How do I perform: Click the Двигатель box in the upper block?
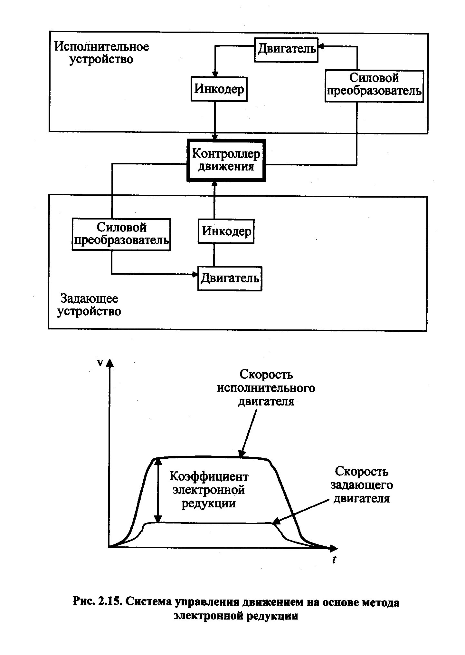coord(286,50)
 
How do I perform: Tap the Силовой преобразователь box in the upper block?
coord(374,86)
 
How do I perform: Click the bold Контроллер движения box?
coord(226,160)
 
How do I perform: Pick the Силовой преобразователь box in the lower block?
coord(121,234)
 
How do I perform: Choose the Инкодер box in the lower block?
coord(226,231)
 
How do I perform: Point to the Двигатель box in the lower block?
coord(230,278)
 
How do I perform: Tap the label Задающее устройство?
coord(89,305)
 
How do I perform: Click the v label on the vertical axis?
coord(100,363)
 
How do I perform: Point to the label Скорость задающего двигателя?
coord(361,485)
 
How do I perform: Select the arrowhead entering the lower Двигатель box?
coord(195,274)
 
